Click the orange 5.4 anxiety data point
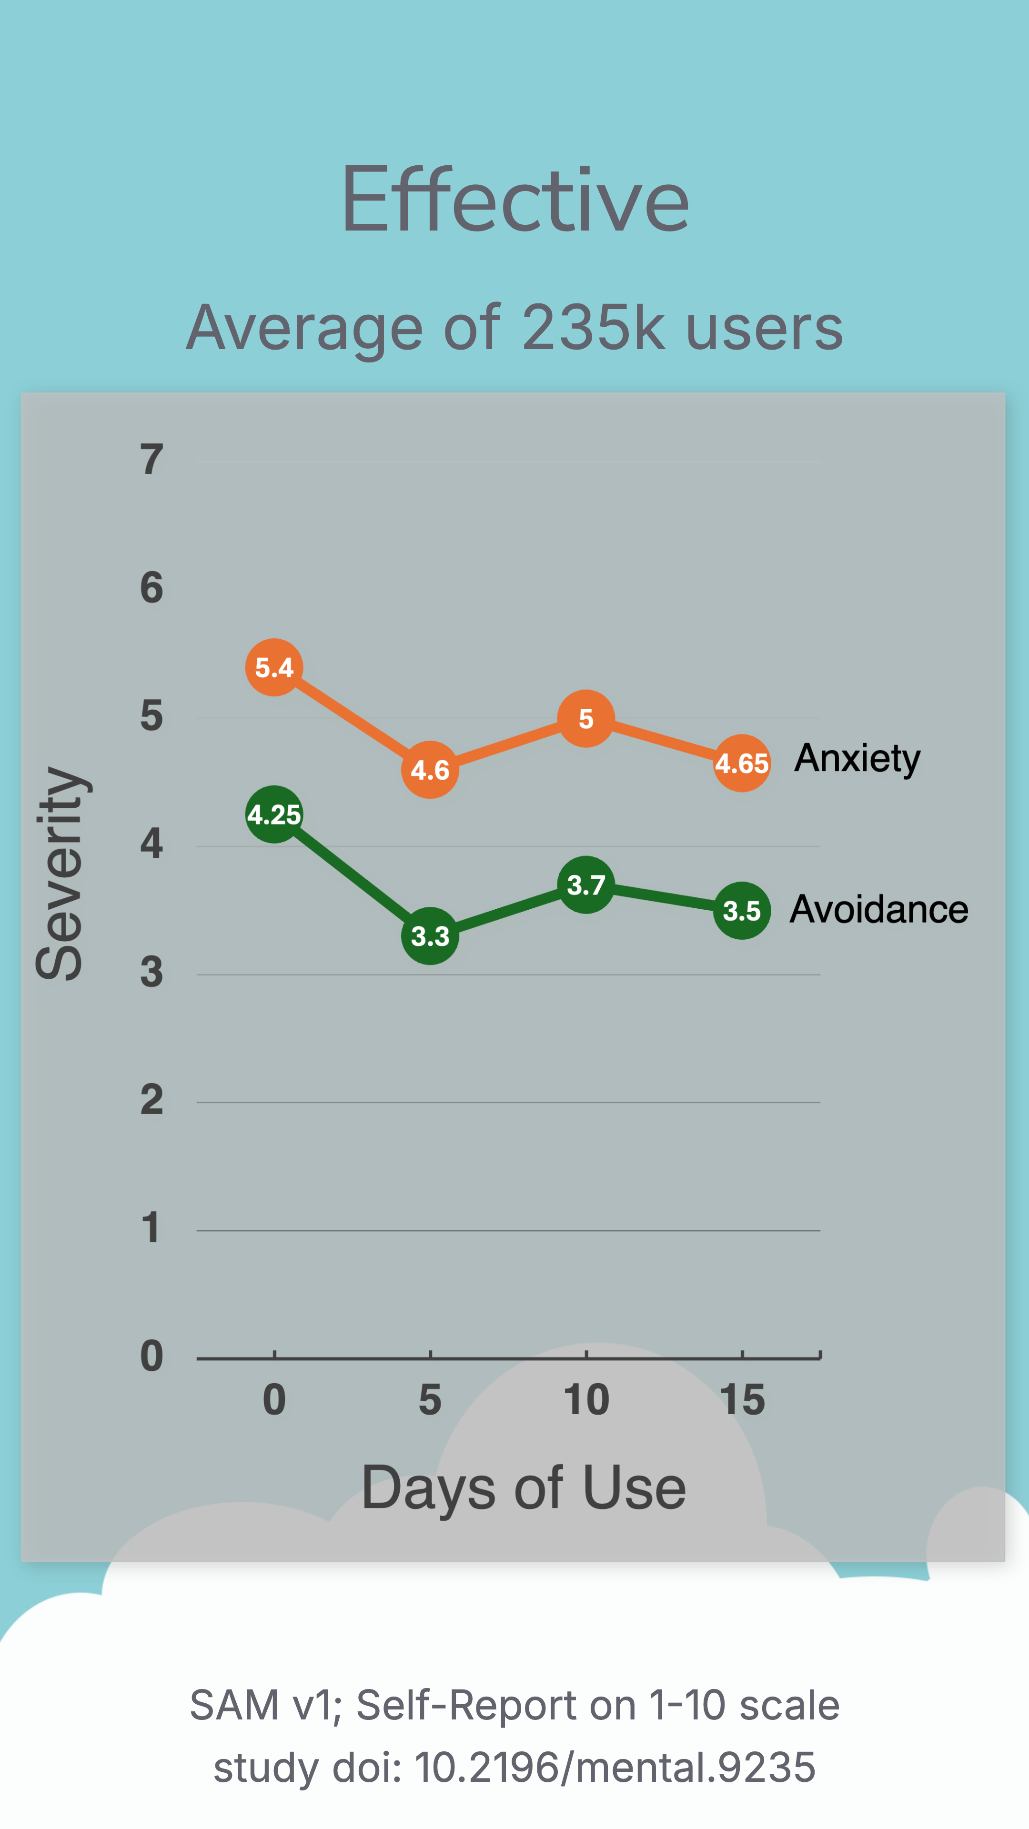(x=274, y=667)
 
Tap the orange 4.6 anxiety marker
(x=430, y=770)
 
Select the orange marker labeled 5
(x=586, y=719)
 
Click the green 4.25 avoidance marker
(x=274, y=814)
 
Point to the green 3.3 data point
(x=430, y=936)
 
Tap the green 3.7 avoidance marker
(x=586, y=884)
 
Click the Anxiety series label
(x=857, y=758)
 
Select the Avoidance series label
(x=878, y=910)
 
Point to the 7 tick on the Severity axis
(x=151, y=459)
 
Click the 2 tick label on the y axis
(x=151, y=1101)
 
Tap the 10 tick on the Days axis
(x=586, y=1400)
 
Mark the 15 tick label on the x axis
(x=742, y=1400)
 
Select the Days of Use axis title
(x=524, y=1487)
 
